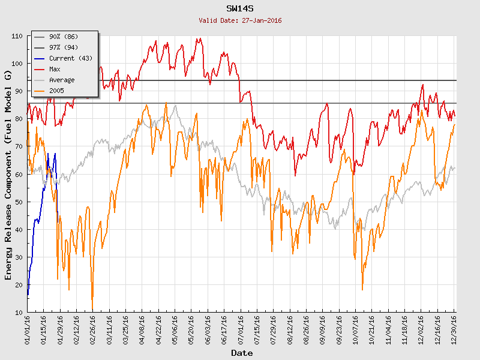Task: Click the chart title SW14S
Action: click(240, 9)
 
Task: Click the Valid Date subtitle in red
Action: click(240, 20)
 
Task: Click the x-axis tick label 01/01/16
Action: click(28, 329)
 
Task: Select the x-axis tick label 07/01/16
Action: click(241, 329)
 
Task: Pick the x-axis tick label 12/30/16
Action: click(454, 329)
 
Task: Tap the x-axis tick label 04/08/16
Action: click(142, 329)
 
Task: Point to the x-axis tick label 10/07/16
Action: click(355, 329)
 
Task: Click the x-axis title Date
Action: click(242, 353)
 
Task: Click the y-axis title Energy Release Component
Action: click(8, 174)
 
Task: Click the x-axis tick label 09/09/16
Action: click(322, 329)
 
